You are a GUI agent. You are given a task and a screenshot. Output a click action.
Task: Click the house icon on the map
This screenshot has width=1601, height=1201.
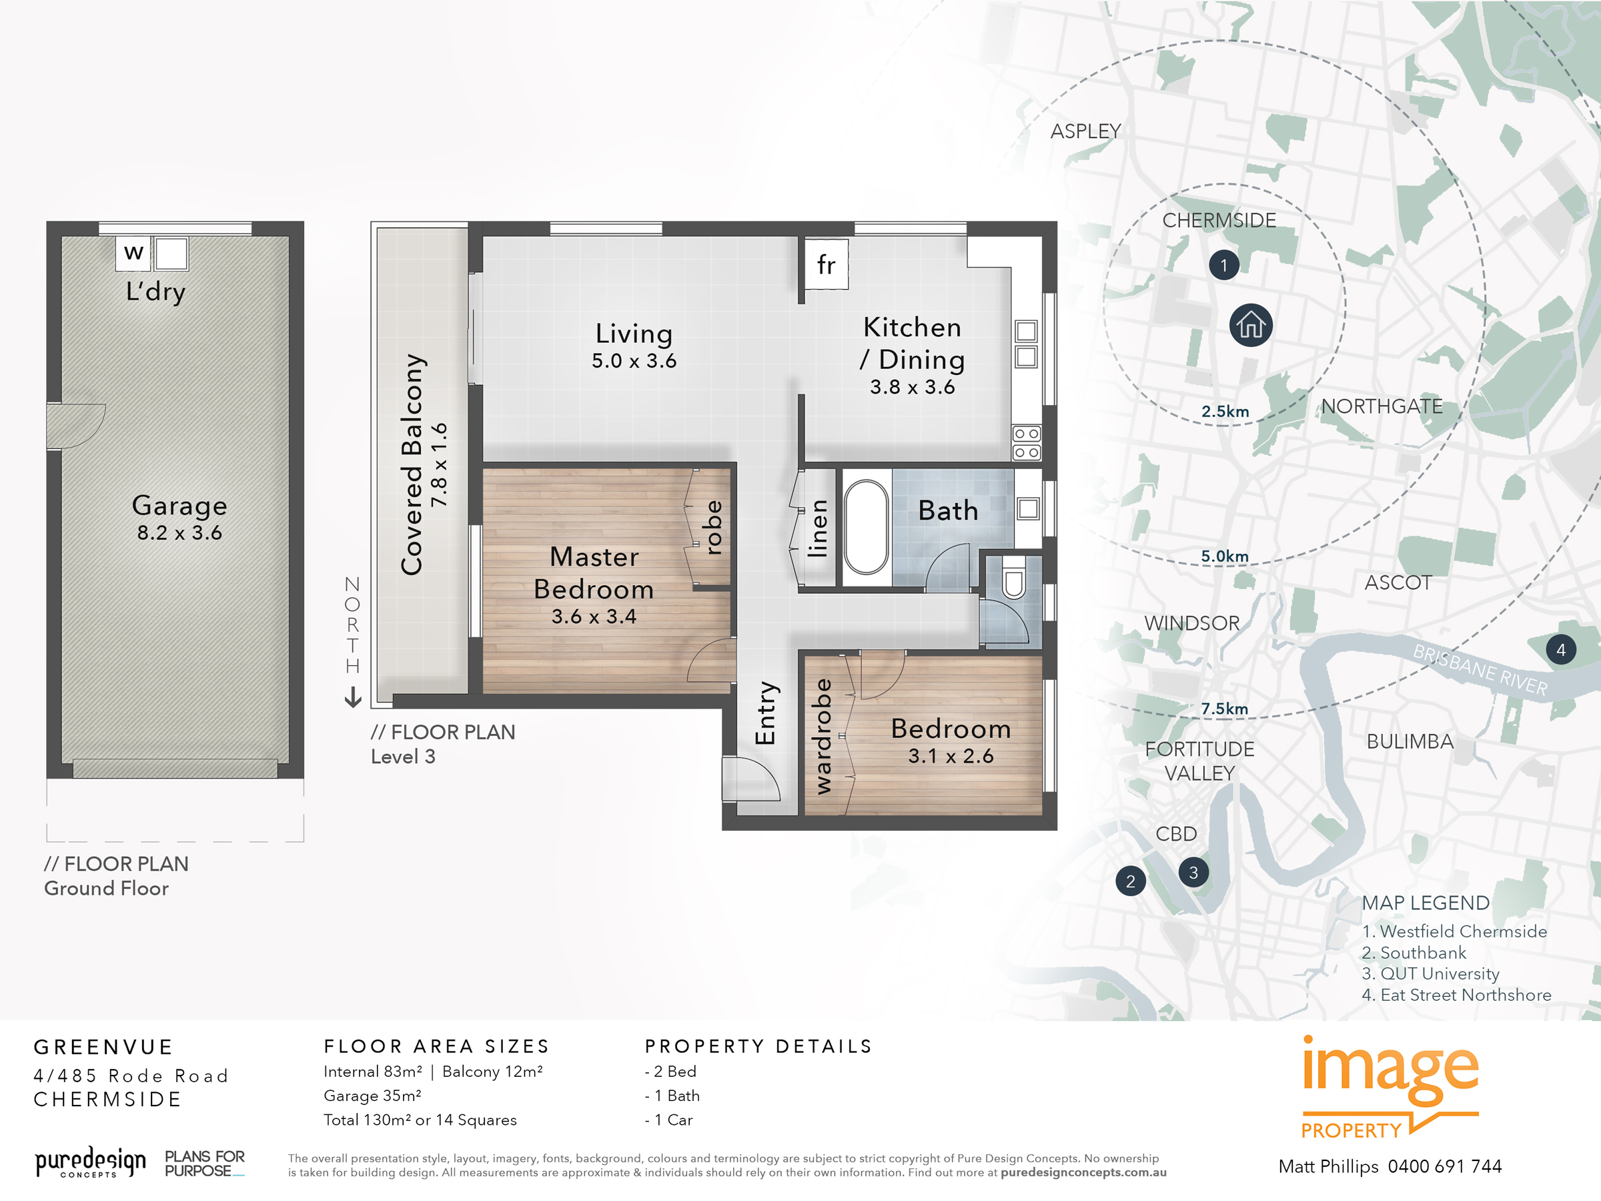pos(1250,325)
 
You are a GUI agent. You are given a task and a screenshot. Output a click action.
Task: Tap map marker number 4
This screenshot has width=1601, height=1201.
pos(1560,649)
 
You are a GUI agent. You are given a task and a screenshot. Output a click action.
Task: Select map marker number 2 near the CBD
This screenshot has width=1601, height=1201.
pos(1130,881)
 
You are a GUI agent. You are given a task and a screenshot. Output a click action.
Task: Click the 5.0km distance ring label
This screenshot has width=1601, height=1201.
pos(1224,556)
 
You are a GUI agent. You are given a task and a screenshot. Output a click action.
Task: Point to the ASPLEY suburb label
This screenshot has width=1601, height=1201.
pos(1085,131)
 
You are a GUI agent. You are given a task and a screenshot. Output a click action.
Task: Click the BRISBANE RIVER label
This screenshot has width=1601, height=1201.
pos(1480,670)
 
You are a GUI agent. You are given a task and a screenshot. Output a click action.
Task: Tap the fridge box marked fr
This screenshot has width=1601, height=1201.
pos(826,265)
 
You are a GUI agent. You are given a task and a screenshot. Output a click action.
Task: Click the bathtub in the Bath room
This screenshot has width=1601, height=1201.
pos(866,526)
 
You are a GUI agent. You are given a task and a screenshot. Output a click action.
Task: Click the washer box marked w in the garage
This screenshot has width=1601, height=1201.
pos(133,254)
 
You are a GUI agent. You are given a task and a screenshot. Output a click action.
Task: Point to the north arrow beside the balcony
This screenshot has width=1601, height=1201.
pos(352,697)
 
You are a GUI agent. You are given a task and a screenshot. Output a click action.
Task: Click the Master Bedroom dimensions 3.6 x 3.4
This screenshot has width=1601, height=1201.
pos(594,616)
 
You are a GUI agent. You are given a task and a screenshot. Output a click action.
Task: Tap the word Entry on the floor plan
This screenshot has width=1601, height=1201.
pos(765,713)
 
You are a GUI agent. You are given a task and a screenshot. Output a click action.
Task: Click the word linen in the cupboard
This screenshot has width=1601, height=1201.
pos(818,528)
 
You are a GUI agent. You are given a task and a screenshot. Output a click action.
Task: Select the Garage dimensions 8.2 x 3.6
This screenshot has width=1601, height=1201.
pos(179,533)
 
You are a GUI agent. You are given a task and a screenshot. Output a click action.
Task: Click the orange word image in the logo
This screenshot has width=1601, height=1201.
pos(1390,1068)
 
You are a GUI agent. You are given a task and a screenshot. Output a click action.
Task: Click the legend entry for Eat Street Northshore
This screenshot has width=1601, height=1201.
pos(1456,995)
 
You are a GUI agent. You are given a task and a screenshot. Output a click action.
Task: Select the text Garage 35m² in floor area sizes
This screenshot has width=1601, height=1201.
pos(372,1096)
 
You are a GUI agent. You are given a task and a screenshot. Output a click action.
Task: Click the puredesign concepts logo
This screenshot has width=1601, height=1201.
pos(91,1162)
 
